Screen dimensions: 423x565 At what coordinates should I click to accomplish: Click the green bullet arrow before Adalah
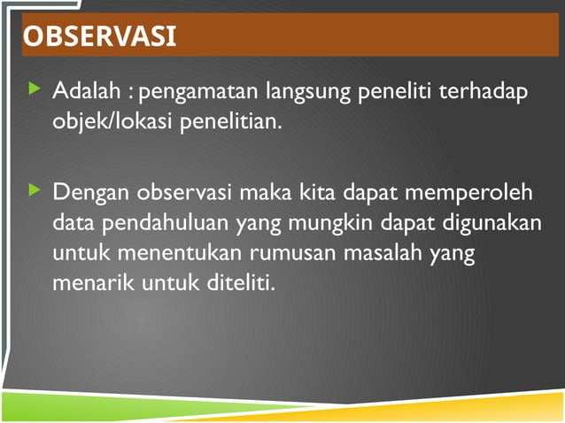point(35,88)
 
